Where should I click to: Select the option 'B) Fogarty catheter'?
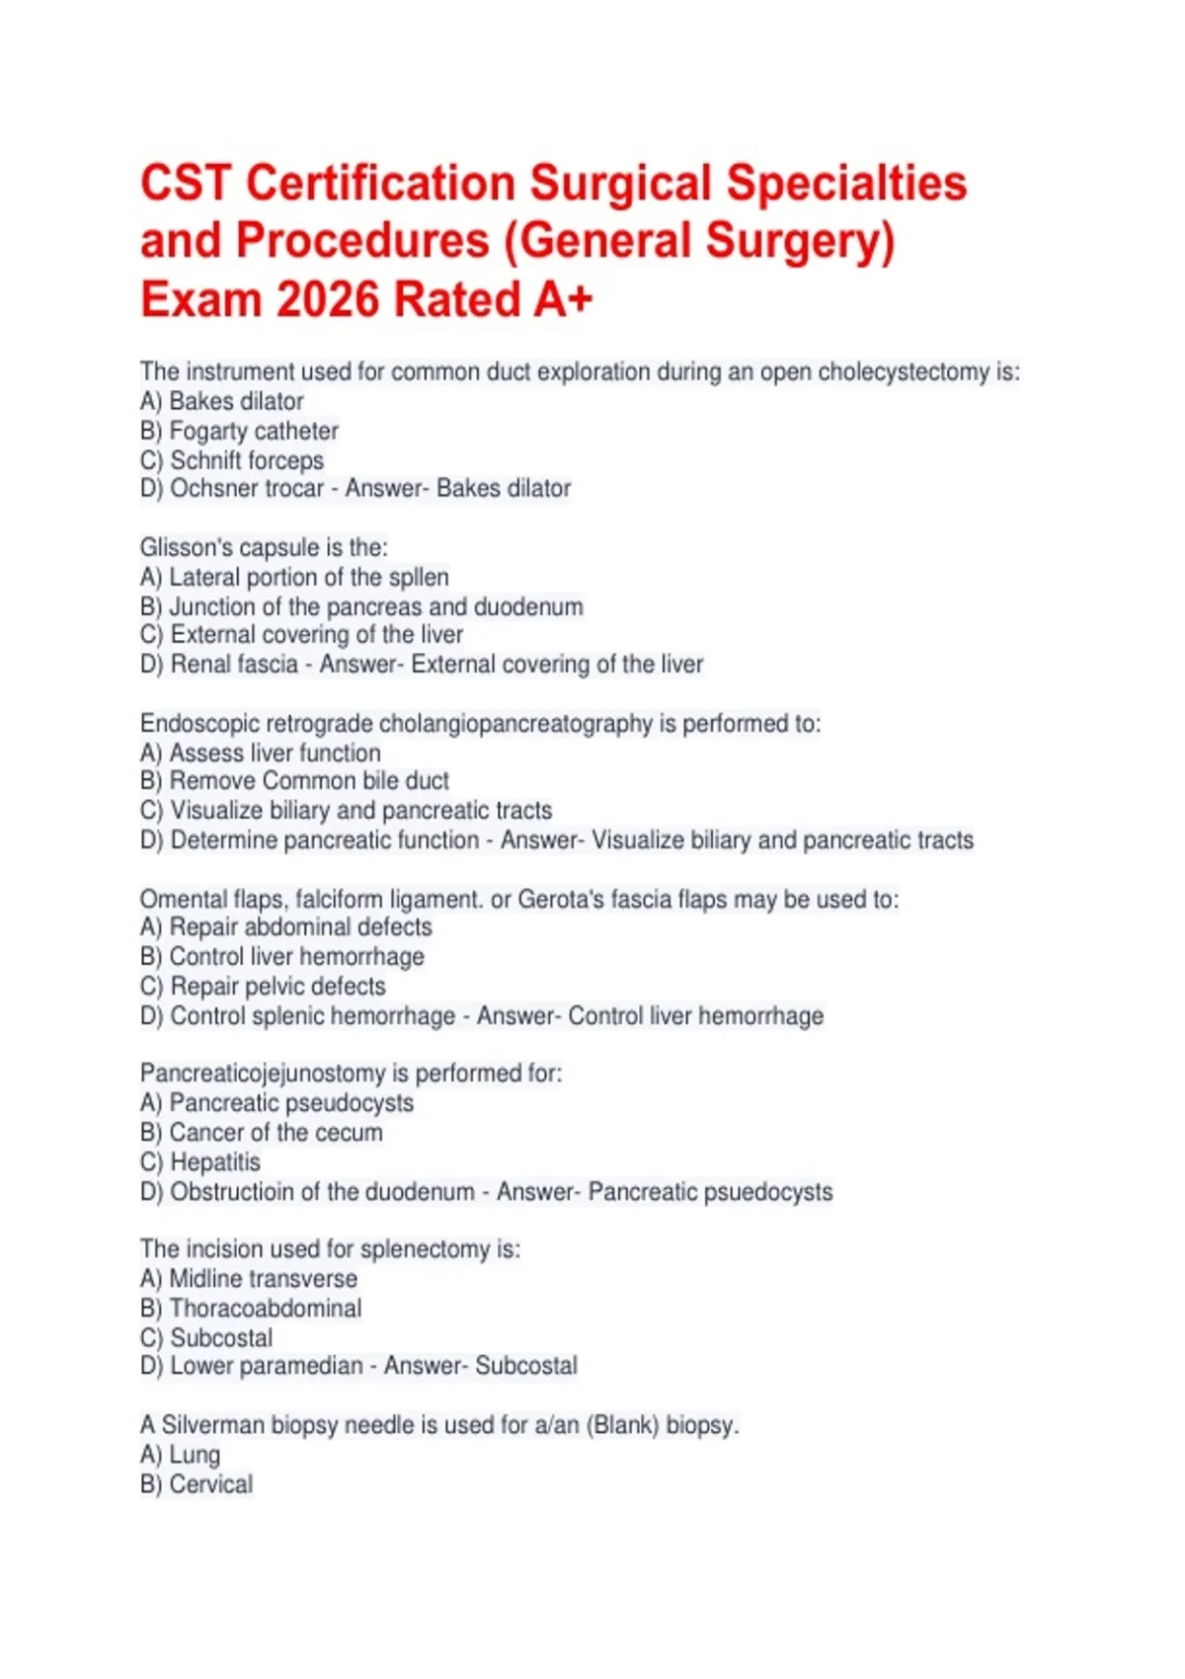point(239,431)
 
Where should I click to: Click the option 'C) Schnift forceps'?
point(232,460)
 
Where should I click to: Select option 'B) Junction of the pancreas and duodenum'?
point(361,606)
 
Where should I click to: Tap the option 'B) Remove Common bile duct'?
point(294,781)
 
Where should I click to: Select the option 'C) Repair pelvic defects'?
point(263,986)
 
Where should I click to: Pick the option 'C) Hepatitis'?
point(200,1161)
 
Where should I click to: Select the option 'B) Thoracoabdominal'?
point(251,1308)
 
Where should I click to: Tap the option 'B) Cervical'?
point(197,1483)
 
